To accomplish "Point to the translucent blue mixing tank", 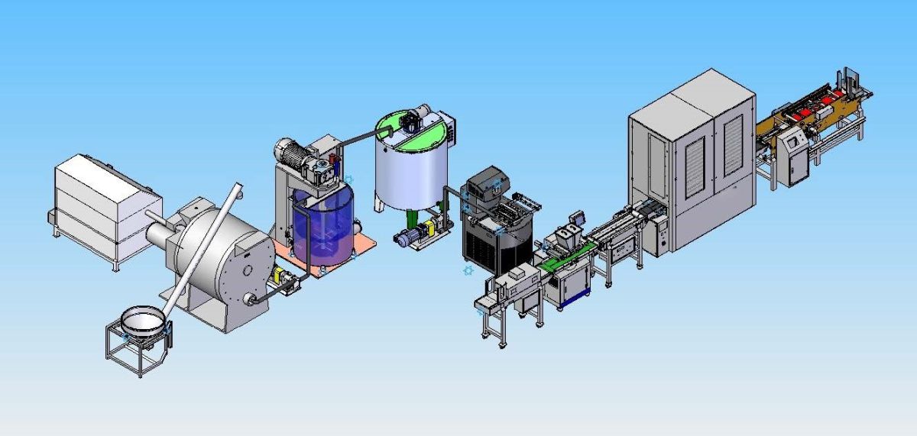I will tap(322, 225).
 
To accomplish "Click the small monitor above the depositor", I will tap(582, 216).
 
